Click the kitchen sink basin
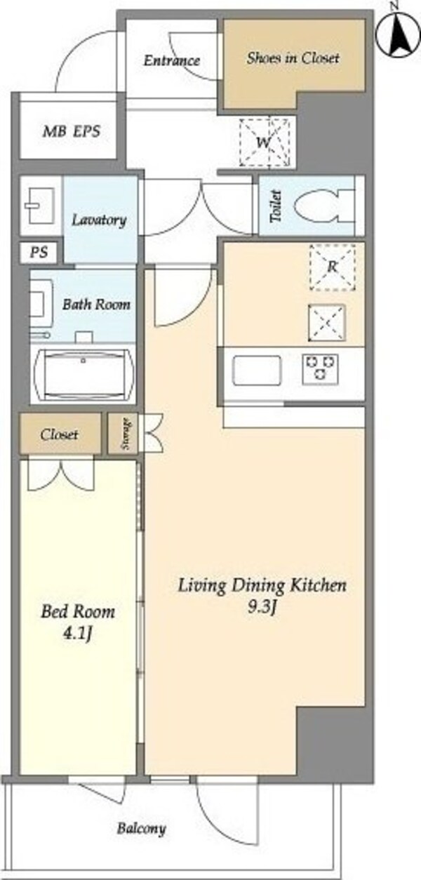pyautogui.click(x=258, y=371)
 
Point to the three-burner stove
pyautogui.click(x=321, y=369)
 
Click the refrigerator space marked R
pyautogui.click(x=333, y=267)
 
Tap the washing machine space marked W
pyautogui.click(x=265, y=142)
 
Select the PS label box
pyautogui.click(x=39, y=252)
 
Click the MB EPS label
pyautogui.click(x=72, y=131)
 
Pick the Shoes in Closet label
pyautogui.click(x=293, y=58)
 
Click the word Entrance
pyautogui.click(x=172, y=60)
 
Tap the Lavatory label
pyautogui.click(x=99, y=220)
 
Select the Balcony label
pyautogui.click(x=141, y=829)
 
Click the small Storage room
pyautogui.click(x=123, y=434)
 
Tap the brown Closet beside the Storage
pyautogui.click(x=60, y=434)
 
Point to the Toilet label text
pyautogui.click(x=276, y=206)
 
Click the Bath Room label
pyautogui.click(x=97, y=305)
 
